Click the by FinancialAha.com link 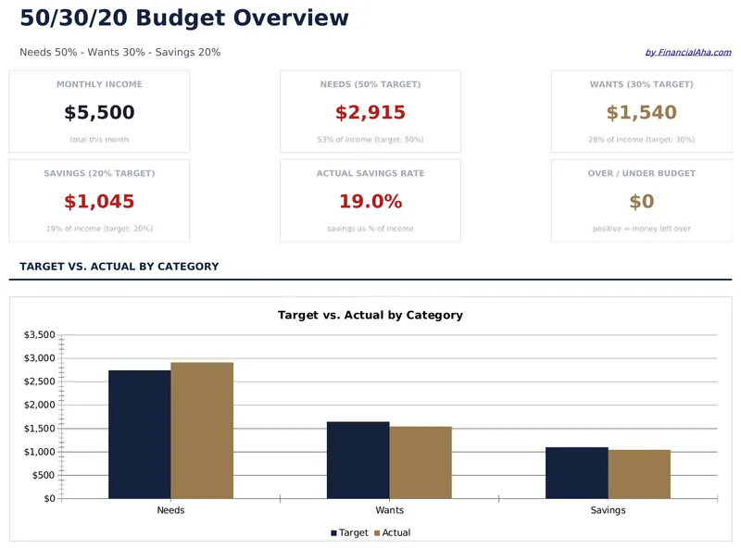[x=687, y=53]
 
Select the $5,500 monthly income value [x=99, y=113]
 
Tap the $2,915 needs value [x=370, y=113]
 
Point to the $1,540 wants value [x=641, y=113]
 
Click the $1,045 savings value [x=99, y=202]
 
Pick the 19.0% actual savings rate [x=370, y=202]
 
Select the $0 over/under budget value [x=641, y=202]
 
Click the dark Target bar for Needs [x=139, y=434]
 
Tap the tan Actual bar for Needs [x=202, y=431]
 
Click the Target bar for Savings [x=576, y=473]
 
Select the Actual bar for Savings [x=639, y=474]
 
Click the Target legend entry [x=349, y=533]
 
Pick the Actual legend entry [x=392, y=533]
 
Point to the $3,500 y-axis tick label [x=39, y=334]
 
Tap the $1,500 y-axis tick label [x=39, y=429]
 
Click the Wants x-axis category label [x=389, y=510]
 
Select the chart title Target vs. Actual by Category [x=370, y=316]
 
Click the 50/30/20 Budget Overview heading [x=184, y=18]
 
